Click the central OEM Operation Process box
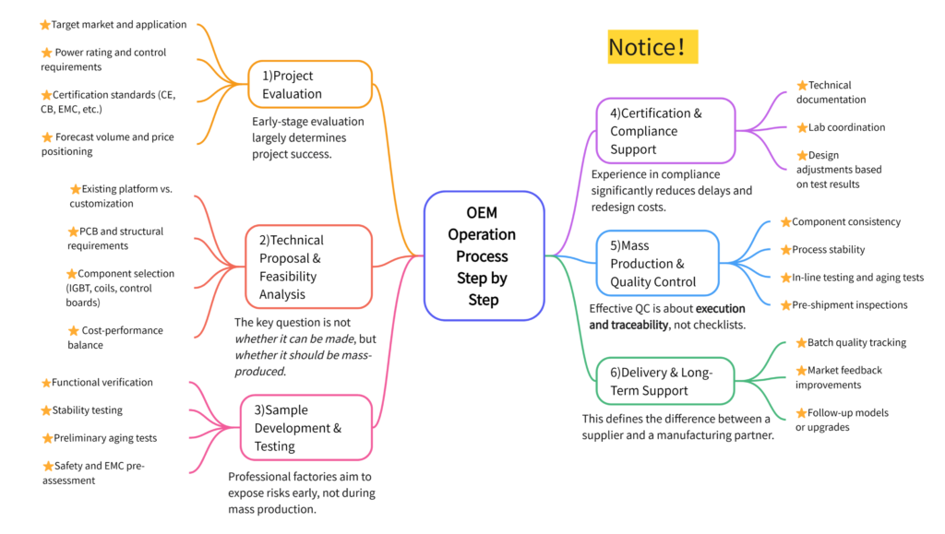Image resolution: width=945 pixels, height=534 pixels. tap(483, 255)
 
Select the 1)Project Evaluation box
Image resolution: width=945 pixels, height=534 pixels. tap(310, 85)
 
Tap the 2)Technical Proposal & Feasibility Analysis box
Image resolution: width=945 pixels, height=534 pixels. tap(308, 267)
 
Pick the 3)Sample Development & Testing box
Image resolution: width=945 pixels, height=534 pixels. tap(305, 428)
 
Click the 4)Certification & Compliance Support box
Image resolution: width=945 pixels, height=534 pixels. tap(664, 131)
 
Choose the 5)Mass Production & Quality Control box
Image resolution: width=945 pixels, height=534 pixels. tap(658, 264)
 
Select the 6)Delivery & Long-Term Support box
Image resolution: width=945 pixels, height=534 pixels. tap(666, 381)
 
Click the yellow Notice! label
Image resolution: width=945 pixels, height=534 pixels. tap(652, 46)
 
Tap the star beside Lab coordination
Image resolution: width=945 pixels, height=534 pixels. tap(802, 127)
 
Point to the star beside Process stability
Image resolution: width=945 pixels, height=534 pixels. tap(785, 250)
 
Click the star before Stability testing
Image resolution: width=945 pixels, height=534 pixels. tap(46, 410)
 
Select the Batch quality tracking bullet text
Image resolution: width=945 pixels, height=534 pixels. tap(856, 343)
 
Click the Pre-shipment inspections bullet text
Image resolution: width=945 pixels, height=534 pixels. tap(849, 305)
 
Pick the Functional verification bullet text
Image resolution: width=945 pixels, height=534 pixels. tap(102, 383)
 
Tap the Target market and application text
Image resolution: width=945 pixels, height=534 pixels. tap(119, 25)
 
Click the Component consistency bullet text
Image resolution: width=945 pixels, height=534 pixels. tap(846, 222)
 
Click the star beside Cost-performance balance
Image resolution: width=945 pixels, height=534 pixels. tap(74, 330)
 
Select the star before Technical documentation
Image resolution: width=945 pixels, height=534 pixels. tap(802, 86)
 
